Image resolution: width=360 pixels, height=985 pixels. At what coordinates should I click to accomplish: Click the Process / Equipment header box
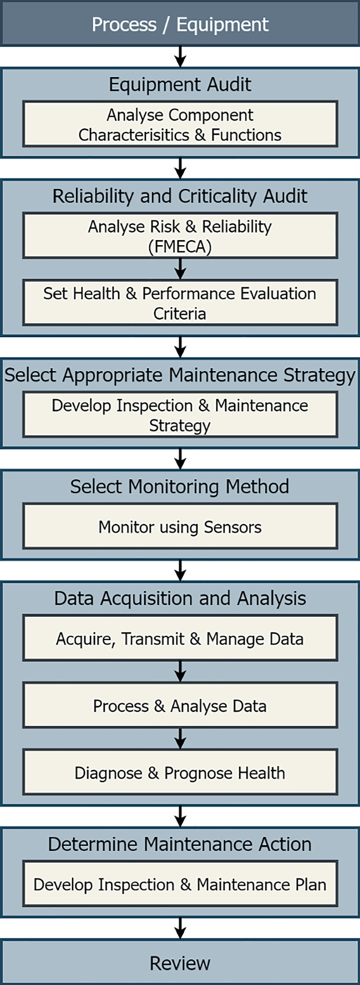pos(180,24)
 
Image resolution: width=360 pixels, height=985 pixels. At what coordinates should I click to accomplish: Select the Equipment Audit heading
pos(180,84)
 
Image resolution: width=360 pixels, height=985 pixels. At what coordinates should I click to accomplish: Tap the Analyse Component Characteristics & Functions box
pos(180,124)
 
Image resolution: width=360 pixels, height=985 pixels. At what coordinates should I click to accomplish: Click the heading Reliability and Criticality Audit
pos(180,196)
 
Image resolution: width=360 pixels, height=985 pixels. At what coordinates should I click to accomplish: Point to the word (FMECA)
pos(180,246)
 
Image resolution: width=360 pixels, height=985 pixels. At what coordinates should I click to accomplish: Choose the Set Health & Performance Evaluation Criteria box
pos(180,303)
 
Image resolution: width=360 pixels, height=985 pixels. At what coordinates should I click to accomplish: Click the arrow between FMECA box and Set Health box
pos(180,269)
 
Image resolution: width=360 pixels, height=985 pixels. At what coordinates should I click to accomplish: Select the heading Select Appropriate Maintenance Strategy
pos(180,375)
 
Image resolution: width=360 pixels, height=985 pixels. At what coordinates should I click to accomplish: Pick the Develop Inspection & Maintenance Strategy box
pos(180,415)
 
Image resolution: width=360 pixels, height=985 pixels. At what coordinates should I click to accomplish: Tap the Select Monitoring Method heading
pos(180,486)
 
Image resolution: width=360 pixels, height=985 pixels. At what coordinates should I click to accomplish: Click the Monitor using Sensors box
pos(180,526)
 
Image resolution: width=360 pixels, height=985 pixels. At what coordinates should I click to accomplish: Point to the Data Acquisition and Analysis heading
pos(180,598)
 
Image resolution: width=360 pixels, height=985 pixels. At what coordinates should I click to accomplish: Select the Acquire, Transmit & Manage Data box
pos(180,638)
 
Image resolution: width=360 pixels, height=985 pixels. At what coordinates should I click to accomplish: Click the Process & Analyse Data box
pos(180,705)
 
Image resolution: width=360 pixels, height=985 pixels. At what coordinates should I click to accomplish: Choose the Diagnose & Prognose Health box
pos(180,772)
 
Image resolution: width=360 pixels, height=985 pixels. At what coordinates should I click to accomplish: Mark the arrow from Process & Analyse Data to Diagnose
pos(180,738)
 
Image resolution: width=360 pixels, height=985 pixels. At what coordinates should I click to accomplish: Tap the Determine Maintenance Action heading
pos(180,844)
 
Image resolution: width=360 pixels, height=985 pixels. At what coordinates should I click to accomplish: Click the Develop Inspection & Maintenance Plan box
pos(180,884)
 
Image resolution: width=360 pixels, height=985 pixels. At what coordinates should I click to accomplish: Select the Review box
pos(180,963)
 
